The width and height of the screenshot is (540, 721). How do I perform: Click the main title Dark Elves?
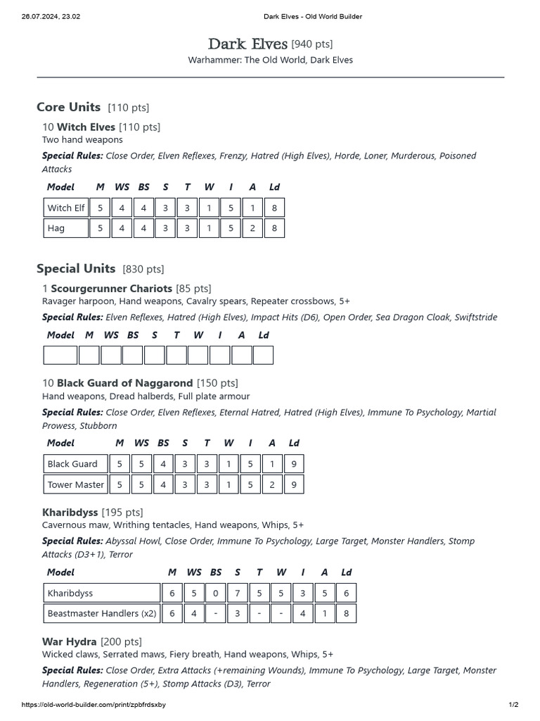click(x=247, y=44)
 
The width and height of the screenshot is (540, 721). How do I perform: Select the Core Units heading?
click(x=69, y=107)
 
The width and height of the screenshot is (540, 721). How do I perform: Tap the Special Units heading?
click(x=76, y=268)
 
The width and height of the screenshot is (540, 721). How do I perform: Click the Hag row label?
click(x=56, y=228)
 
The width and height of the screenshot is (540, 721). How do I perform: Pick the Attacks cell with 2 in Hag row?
click(x=252, y=228)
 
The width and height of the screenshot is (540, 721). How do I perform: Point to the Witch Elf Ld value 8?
click(x=274, y=208)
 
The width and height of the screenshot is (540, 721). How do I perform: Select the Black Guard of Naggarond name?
click(x=124, y=383)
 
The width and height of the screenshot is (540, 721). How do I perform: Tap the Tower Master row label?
click(x=75, y=484)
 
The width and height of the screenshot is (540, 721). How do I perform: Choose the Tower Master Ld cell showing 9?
click(x=293, y=484)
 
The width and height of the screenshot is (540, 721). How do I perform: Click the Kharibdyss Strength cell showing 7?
click(x=237, y=593)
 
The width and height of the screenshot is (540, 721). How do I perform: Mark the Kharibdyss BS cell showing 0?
click(x=215, y=593)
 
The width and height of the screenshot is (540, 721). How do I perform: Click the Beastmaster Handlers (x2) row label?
click(x=101, y=613)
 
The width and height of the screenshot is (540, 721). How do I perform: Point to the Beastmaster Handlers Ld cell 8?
click(x=346, y=613)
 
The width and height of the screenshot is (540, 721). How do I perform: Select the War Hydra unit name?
click(x=70, y=641)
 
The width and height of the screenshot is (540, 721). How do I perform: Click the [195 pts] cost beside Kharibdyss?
click(x=122, y=512)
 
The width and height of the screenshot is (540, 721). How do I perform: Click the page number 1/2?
click(x=513, y=705)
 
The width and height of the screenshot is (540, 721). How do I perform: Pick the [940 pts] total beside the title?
click(x=311, y=45)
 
